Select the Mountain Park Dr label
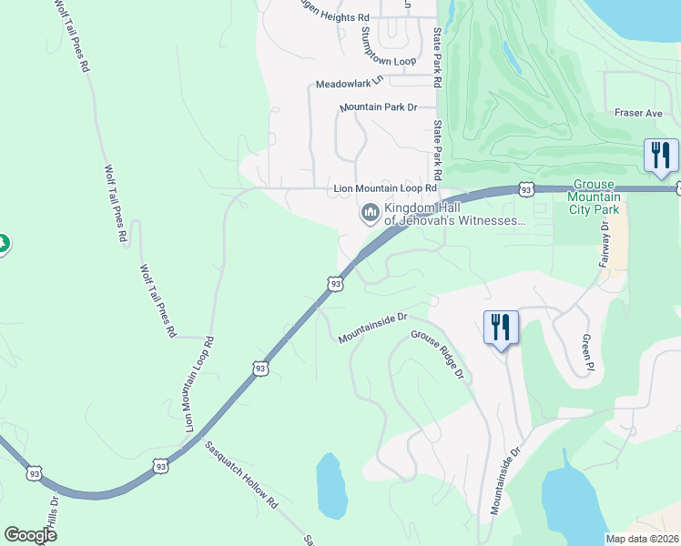pos(378,107)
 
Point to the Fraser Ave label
pos(637,113)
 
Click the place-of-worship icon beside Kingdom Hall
pos(370,214)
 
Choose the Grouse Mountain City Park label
pos(594,197)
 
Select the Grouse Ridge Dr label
pos(437,356)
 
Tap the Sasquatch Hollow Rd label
pos(240,474)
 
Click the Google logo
pos(30,535)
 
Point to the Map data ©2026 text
pos(642,539)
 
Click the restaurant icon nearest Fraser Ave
pos(660,155)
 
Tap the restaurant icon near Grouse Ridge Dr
pos(501,327)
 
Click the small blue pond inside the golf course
pos(512,58)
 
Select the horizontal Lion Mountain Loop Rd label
pos(380,188)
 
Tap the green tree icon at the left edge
pos(3,244)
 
